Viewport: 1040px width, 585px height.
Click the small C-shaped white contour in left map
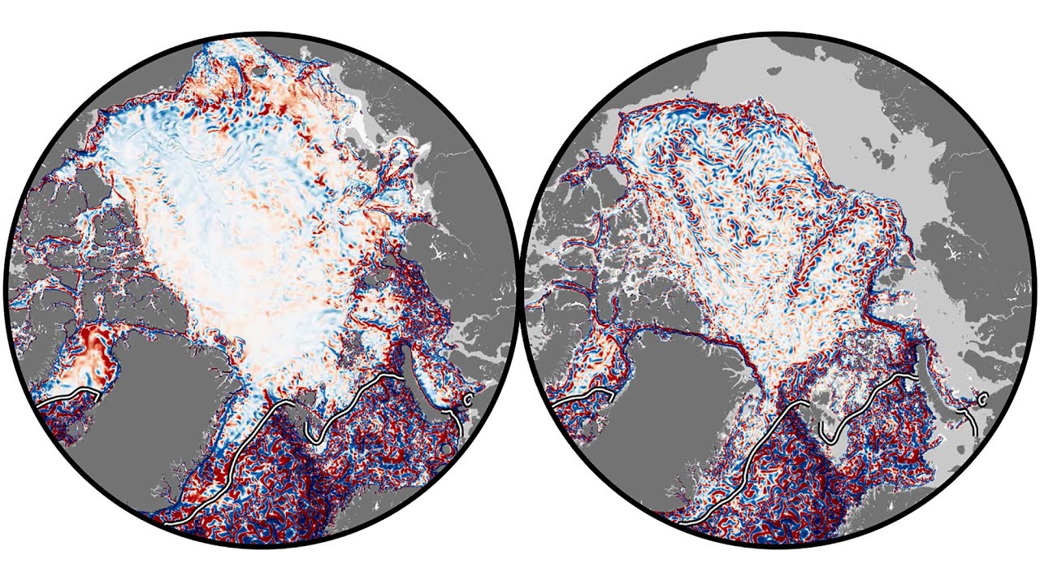pyautogui.click(x=468, y=399)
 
